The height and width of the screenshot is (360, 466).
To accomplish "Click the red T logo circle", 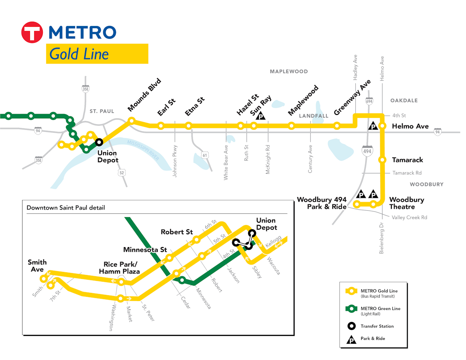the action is coord(32,32).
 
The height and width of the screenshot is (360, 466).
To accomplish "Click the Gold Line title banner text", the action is coord(79,54).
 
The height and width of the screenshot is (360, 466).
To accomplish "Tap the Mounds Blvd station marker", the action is coord(132,121).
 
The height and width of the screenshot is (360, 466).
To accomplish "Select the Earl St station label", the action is coord(167,107).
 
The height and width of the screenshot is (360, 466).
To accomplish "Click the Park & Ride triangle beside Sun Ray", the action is coord(261,116).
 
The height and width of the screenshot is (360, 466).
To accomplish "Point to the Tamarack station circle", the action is coord(382,160).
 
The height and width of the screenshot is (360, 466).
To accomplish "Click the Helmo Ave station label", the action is coord(410,126).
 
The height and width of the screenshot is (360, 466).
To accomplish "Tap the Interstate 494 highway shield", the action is coord(367,151).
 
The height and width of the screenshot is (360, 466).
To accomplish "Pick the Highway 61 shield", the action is coord(205,155).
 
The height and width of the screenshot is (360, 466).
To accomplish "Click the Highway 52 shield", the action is coord(122,173).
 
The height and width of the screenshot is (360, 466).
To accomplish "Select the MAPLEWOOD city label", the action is coord(289,71).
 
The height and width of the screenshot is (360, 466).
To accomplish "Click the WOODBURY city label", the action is coord(426,184).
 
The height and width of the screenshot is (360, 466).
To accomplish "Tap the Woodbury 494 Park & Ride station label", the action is coord(322,203).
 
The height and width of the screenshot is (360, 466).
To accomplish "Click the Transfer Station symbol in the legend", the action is coord(351,326).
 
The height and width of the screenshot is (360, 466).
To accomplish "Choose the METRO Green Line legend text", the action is coord(381,309).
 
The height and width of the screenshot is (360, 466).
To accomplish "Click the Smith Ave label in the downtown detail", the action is coord(37,266).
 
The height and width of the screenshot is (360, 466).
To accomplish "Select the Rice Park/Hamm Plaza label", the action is coord(119,268).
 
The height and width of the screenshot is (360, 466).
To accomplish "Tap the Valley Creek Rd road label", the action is coord(409,218).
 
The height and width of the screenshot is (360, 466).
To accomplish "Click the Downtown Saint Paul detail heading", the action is coord(66,208).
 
